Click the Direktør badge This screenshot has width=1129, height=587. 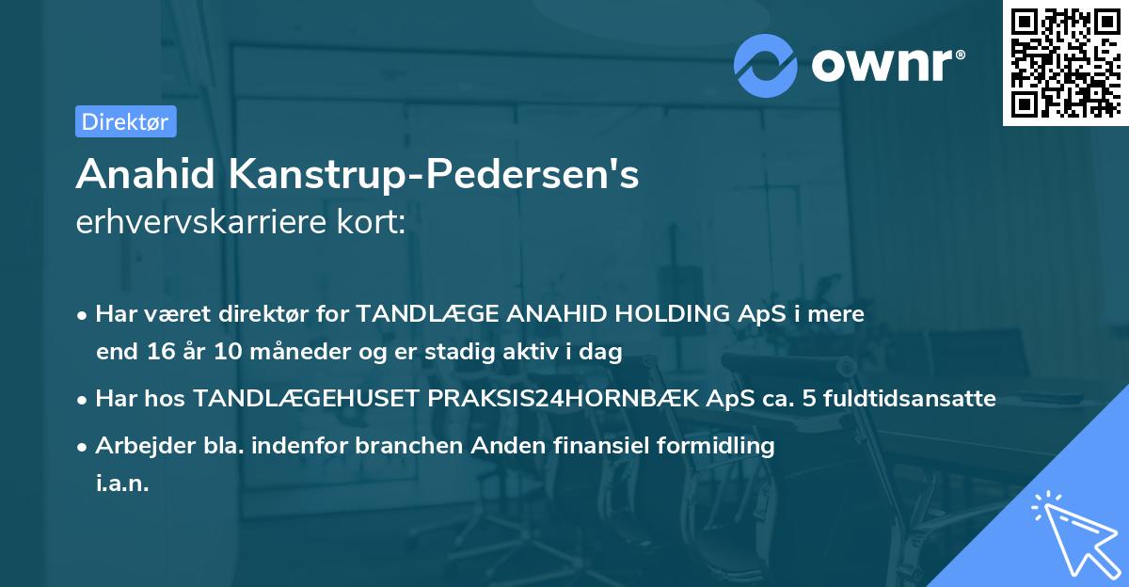(x=125, y=121)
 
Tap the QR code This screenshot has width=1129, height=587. (x=1064, y=62)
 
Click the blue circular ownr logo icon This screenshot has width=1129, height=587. (x=765, y=65)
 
